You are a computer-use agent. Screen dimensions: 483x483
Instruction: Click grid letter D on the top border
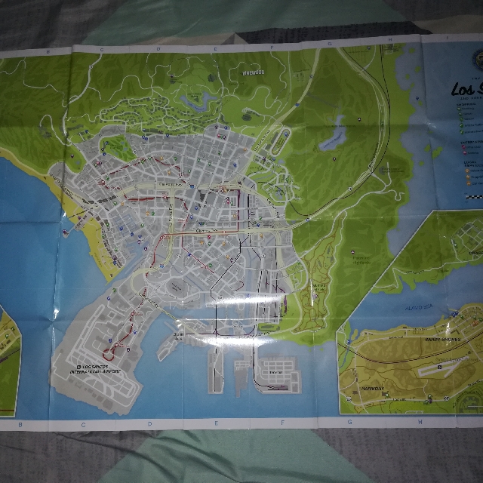(x=158, y=49)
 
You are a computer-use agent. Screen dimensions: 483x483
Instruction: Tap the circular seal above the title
(x=474, y=58)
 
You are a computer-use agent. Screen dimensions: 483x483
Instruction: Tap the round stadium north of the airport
(x=175, y=288)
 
